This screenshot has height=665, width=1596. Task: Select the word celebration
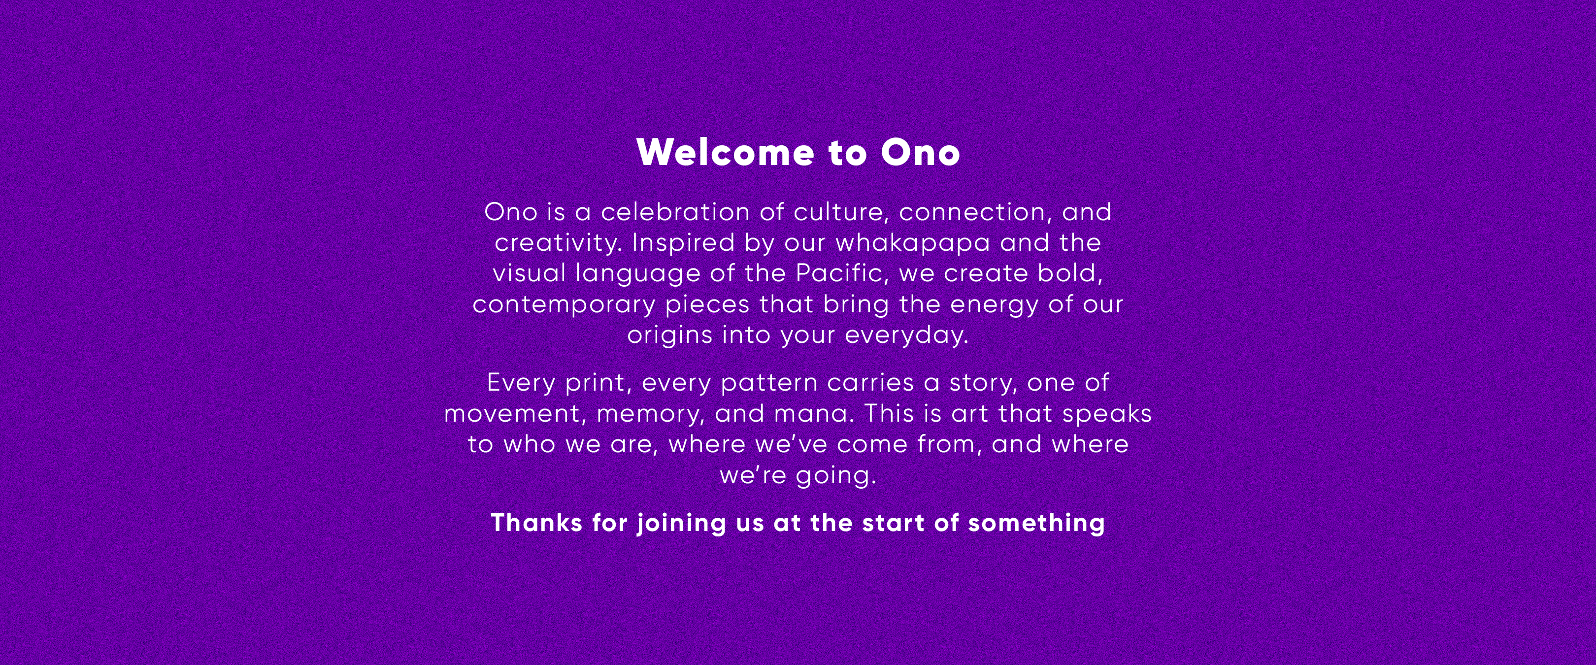pyautogui.click(x=675, y=212)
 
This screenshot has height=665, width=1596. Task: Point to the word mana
pyautogui.click(x=814, y=414)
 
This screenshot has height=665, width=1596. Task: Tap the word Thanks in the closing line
pyautogui.click(x=536, y=523)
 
